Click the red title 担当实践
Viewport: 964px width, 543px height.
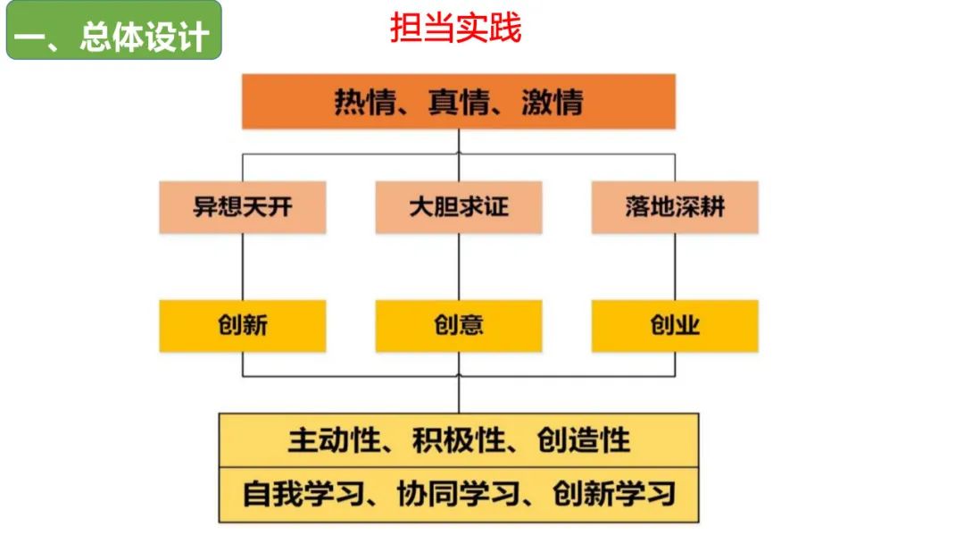pyautogui.click(x=455, y=29)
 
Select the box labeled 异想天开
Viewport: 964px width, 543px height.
pyautogui.click(x=243, y=207)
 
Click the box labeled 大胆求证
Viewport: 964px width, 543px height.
pyautogui.click(x=459, y=207)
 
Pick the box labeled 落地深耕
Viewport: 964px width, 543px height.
pyautogui.click(x=675, y=207)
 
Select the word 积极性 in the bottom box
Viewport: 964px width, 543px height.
pyautogui.click(x=450, y=440)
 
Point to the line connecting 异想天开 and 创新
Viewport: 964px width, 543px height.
pyautogui.click(x=243, y=266)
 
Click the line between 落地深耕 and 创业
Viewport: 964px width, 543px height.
pyautogui.click(x=675, y=266)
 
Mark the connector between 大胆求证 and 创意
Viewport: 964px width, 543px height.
pyautogui.click(x=459, y=266)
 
